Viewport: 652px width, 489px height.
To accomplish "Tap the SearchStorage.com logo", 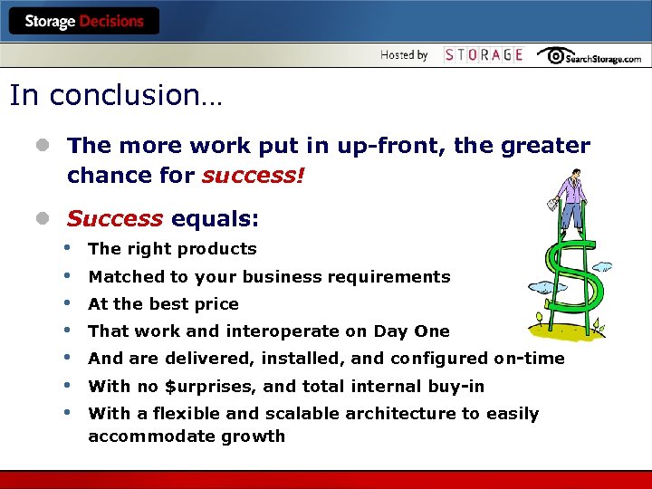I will [589, 56].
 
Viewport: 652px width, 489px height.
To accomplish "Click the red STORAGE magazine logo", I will [484, 55].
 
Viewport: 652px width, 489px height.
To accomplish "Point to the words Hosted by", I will [404, 55].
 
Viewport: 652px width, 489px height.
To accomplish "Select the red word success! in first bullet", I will [254, 175].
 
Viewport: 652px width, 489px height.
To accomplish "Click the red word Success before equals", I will [115, 219].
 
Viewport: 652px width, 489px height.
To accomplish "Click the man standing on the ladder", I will [570, 201].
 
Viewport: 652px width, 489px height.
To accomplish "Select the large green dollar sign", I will [570, 281].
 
